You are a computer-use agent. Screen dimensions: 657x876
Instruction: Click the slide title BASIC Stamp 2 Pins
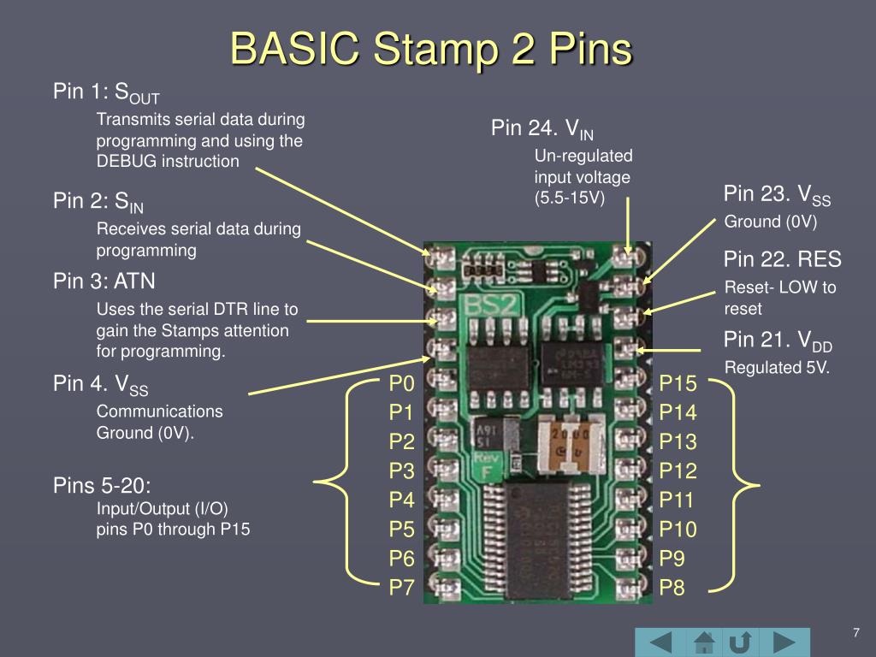click(x=431, y=49)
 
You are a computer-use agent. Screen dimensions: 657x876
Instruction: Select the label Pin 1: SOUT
click(x=106, y=92)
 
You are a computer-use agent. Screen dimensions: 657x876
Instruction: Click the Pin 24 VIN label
click(x=542, y=129)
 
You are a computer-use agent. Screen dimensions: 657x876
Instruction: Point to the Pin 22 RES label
click(x=782, y=259)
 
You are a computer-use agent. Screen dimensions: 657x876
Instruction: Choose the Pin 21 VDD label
click(x=777, y=341)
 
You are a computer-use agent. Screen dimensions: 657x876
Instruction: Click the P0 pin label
click(x=401, y=382)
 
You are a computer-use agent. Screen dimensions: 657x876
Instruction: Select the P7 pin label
click(x=401, y=588)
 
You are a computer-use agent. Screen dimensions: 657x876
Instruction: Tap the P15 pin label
click(x=678, y=382)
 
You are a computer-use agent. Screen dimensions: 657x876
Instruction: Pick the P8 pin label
click(x=672, y=588)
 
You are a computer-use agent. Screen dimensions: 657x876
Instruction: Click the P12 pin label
click(x=678, y=471)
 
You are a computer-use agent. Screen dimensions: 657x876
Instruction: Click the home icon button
click(x=704, y=642)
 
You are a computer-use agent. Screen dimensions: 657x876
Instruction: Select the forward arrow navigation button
click(x=784, y=642)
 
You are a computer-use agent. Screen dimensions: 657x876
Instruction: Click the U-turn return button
click(x=742, y=642)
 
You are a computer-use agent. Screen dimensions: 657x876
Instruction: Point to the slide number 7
click(x=855, y=632)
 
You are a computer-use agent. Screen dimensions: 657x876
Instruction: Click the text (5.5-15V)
click(x=570, y=198)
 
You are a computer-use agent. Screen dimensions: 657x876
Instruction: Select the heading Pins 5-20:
click(x=102, y=486)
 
